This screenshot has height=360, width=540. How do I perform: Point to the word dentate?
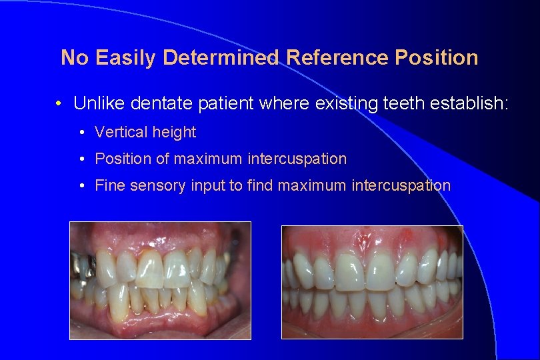click(x=160, y=103)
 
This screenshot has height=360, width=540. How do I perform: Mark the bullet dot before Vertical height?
click(x=81, y=132)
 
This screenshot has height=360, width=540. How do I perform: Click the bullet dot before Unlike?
click(x=59, y=104)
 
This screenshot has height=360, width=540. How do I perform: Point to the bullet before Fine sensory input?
click(x=81, y=185)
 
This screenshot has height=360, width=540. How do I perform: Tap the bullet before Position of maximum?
click(x=81, y=159)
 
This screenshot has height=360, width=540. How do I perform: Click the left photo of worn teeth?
click(x=160, y=280)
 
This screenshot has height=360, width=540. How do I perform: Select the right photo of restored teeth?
click(x=372, y=281)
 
